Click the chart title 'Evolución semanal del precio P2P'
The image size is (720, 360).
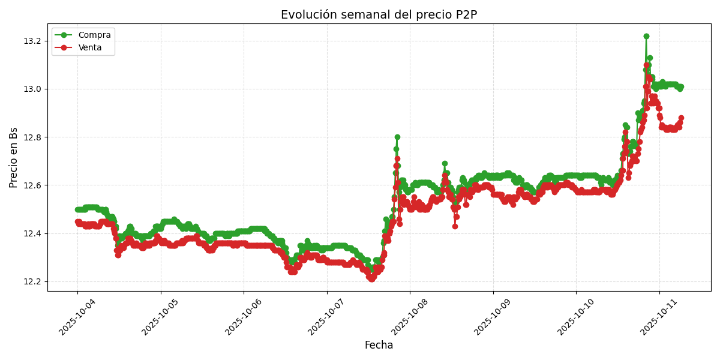tap(379, 15)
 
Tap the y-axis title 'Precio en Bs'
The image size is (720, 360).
tap(14, 157)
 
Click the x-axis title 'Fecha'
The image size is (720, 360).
tap(379, 346)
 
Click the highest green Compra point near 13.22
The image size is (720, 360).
tap(646, 36)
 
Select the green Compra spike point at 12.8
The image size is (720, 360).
tap(397, 137)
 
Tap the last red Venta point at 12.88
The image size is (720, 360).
tap(681, 118)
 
